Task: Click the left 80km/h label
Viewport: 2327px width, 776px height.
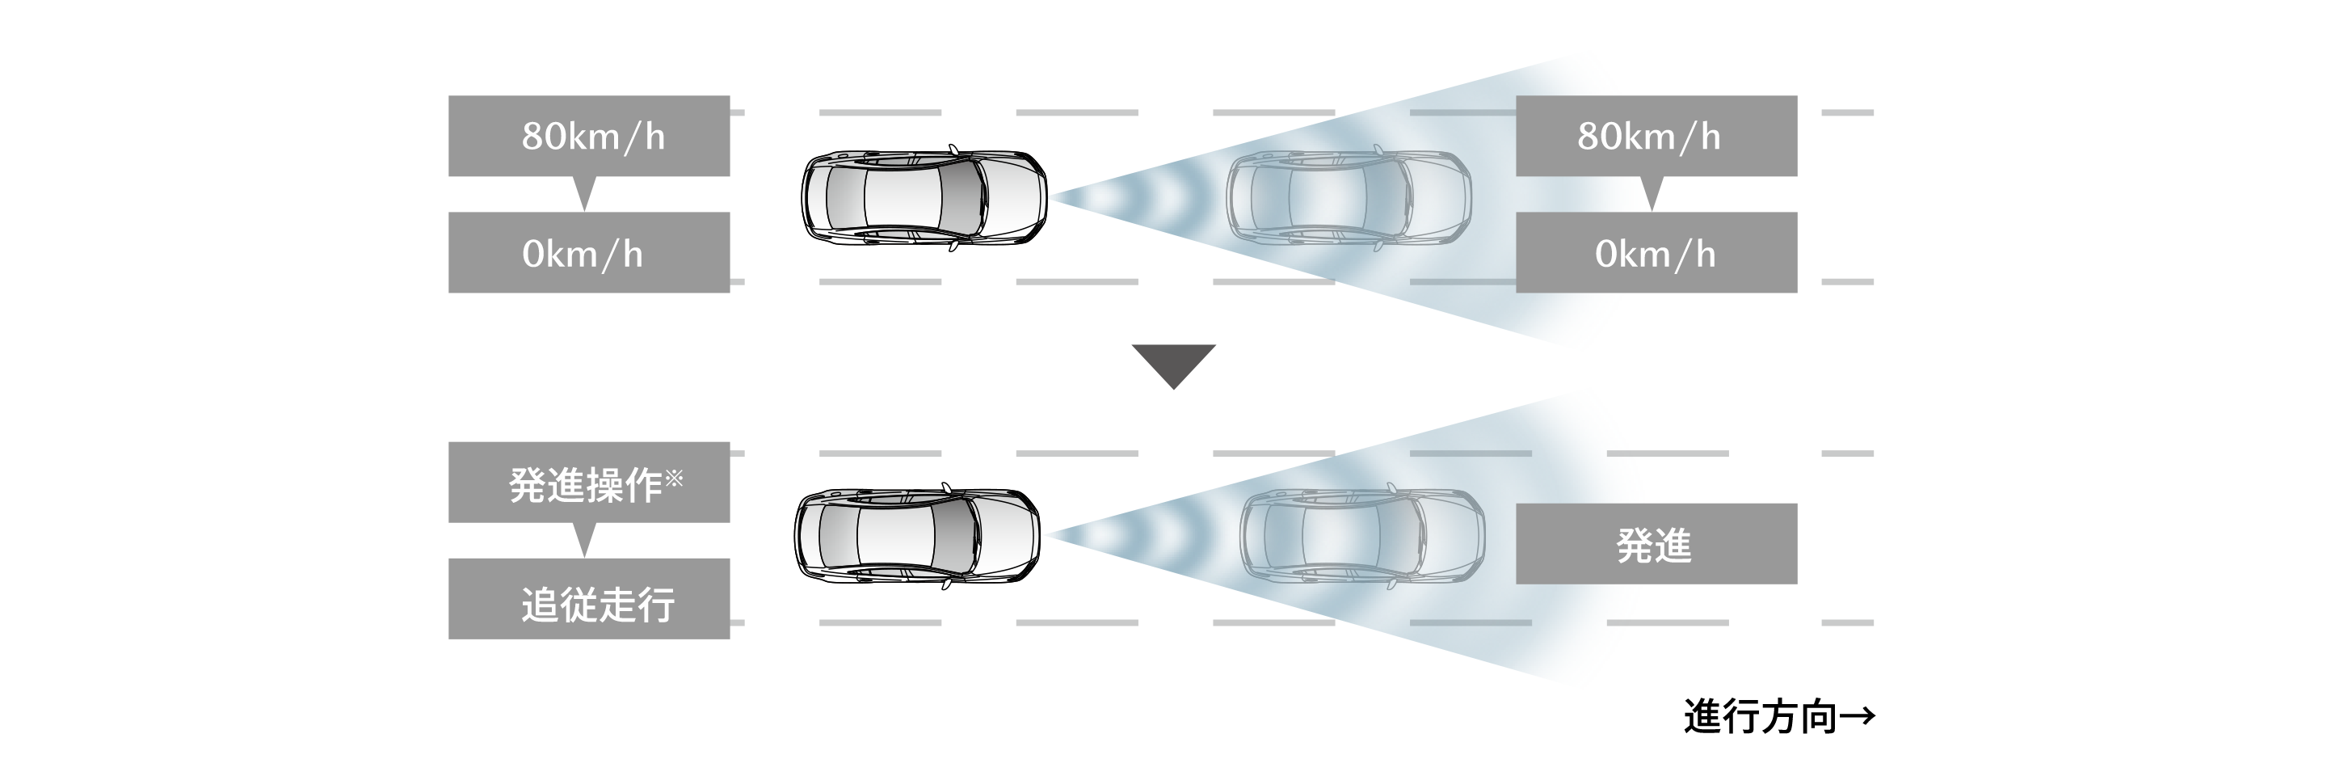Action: [592, 137]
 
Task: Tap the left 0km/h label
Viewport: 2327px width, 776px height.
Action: [582, 255]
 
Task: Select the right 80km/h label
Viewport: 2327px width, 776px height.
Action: [1648, 137]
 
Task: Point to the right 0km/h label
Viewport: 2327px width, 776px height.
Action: [1654, 255]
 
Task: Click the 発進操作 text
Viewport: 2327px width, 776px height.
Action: [584, 486]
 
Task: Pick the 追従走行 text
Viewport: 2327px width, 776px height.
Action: [597, 605]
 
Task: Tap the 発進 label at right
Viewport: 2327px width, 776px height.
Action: [1653, 546]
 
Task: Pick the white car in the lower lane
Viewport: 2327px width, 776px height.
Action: [916, 536]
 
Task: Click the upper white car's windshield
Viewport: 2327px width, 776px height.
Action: [962, 197]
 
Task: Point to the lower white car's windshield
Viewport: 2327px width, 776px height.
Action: [955, 536]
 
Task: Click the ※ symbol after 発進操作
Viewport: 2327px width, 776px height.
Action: [674, 478]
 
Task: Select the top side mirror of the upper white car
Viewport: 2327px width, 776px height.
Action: [953, 149]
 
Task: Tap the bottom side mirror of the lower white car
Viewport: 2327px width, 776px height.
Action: [946, 584]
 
